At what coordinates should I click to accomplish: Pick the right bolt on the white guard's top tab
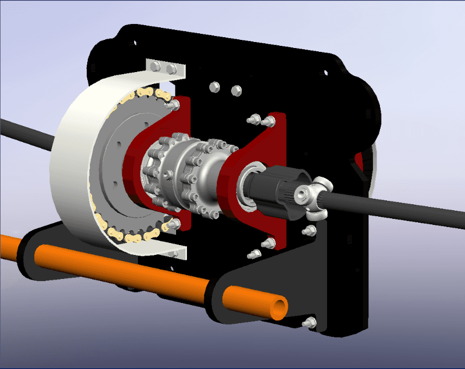[172, 68]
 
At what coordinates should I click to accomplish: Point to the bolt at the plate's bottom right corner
[311, 323]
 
